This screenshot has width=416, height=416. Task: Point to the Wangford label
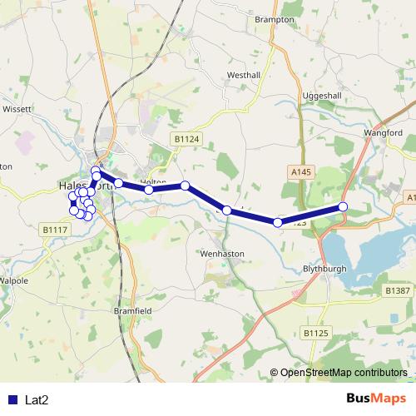pyautogui.click(x=383, y=132)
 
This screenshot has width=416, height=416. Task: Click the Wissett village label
pyautogui.click(x=16, y=108)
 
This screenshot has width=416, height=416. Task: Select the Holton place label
pyautogui.click(x=154, y=182)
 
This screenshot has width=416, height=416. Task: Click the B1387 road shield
pyautogui.click(x=398, y=290)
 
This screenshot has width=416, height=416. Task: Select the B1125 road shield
pyautogui.click(x=315, y=333)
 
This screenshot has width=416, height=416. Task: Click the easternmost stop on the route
pyautogui.click(x=343, y=207)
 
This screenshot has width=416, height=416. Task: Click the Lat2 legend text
pyautogui.click(x=37, y=400)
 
